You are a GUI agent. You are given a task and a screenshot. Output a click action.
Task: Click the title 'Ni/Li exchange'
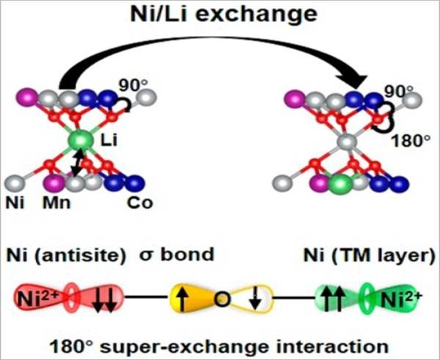pos(219,15)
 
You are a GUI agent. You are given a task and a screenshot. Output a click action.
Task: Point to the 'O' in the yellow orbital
pos(219,299)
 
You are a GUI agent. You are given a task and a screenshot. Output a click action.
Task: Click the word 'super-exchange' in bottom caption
pos(220,342)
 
